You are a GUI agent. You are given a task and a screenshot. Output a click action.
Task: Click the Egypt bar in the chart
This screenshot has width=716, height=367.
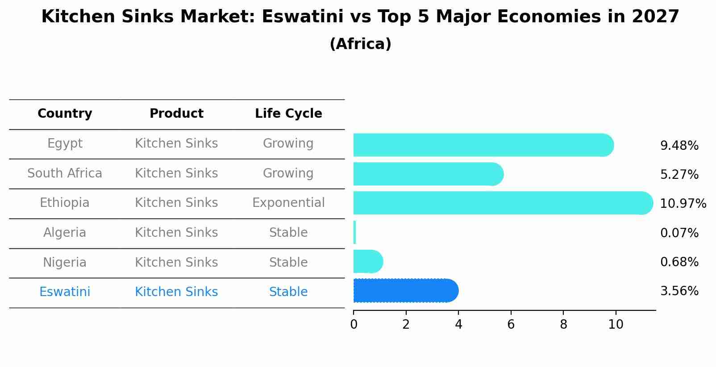coord(482,145)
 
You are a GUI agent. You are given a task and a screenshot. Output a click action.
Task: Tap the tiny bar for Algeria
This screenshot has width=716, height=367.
coord(355,232)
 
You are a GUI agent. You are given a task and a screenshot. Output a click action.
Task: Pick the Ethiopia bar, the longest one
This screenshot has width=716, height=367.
coord(502,203)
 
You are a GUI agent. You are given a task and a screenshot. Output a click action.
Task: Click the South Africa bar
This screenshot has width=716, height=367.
coord(428,174)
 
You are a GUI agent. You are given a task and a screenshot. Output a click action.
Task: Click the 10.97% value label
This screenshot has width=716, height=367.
coord(683,204)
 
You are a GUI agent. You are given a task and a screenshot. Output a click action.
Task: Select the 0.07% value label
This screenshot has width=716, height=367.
coord(679,233)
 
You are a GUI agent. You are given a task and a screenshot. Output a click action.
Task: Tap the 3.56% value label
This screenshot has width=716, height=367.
coord(679,291)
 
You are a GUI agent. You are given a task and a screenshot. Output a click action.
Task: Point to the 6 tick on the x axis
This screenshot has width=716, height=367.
coord(511,325)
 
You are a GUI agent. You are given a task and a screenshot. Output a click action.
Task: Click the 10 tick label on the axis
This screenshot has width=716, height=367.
coord(616,325)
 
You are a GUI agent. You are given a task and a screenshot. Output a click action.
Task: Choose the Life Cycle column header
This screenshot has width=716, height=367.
coord(288,114)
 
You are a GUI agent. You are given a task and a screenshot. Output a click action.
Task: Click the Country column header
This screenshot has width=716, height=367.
coord(65,114)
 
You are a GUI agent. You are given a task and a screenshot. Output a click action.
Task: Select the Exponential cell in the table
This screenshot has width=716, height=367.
coord(288,203)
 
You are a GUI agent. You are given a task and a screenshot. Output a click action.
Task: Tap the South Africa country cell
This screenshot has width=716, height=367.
coord(65,173)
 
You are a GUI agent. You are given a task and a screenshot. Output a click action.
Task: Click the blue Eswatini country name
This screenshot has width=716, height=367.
coord(65,292)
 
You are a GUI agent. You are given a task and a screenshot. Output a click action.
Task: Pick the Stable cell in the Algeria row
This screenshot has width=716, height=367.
coord(288,233)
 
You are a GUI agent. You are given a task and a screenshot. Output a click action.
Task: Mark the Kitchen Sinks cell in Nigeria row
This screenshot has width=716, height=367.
coord(176,262)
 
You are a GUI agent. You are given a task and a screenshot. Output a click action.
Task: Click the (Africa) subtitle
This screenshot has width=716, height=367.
coord(360,44)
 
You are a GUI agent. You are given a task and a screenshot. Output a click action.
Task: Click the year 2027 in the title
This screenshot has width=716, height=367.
coord(655,17)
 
